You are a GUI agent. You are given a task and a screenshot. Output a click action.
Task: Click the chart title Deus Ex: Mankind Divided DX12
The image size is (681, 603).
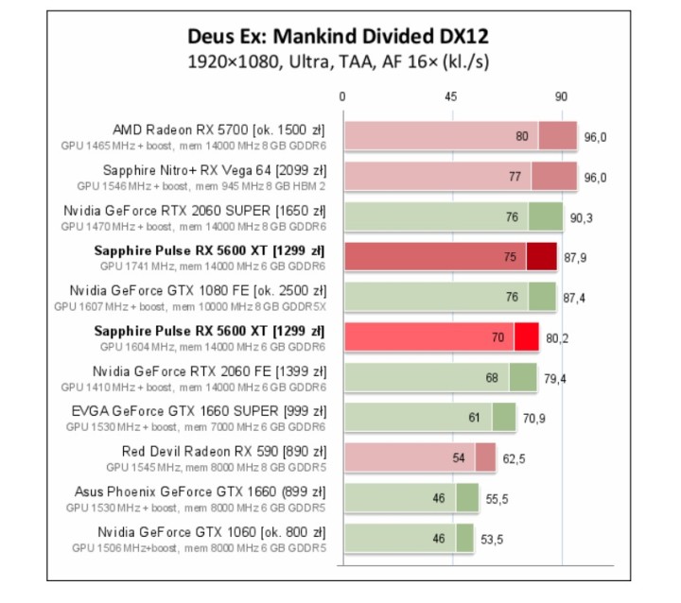pyautogui.click(x=340, y=37)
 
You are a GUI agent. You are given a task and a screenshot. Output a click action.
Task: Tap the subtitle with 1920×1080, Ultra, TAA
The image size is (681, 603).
pyautogui.click(x=340, y=62)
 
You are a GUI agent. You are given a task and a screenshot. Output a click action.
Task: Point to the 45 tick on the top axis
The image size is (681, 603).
pyautogui.click(x=451, y=97)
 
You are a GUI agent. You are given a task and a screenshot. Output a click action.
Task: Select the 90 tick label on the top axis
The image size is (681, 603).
pyautogui.click(x=561, y=97)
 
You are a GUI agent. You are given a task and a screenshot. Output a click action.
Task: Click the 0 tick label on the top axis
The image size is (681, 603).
pyautogui.click(x=342, y=97)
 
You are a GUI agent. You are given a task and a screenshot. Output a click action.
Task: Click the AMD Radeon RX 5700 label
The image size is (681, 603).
pyautogui.click(x=218, y=129)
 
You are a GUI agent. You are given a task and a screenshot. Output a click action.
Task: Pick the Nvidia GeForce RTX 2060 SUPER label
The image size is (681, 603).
pyautogui.click(x=194, y=211)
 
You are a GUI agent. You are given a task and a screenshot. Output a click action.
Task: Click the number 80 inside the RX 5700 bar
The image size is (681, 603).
pyautogui.click(x=522, y=137)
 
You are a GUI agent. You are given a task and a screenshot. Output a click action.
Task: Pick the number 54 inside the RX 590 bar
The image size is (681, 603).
pyautogui.click(x=459, y=458)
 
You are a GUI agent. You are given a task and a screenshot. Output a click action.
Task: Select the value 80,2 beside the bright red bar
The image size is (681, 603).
pyautogui.click(x=560, y=337)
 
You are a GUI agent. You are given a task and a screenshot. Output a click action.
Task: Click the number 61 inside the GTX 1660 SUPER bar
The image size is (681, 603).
pyautogui.click(x=476, y=418)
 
